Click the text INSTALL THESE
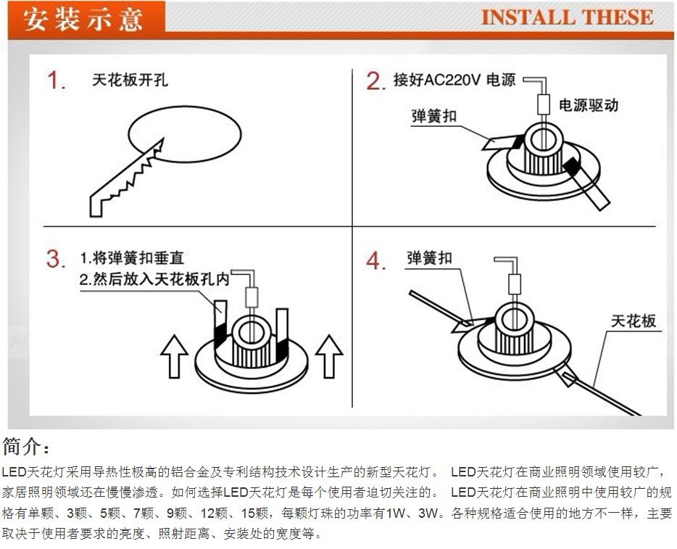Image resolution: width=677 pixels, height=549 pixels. click(567, 18)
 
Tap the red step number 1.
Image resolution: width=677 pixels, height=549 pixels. click(57, 81)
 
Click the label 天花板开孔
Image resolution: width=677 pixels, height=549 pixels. click(130, 80)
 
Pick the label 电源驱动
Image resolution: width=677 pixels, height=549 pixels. click(589, 105)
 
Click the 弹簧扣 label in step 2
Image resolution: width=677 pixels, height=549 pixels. click(434, 116)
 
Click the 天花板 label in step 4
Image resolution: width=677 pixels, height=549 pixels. click(634, 321)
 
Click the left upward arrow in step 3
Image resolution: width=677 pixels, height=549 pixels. click(174, 355)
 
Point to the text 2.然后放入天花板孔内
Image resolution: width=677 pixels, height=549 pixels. click(154, 279)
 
